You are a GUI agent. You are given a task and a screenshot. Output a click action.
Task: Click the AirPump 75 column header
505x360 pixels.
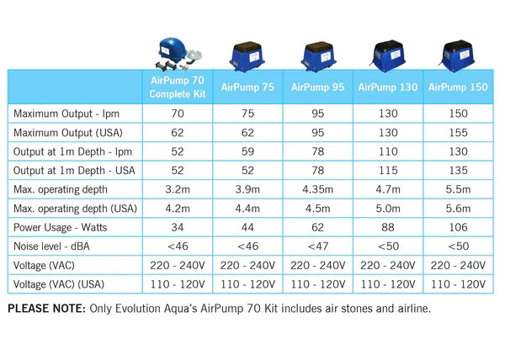click(247, 87)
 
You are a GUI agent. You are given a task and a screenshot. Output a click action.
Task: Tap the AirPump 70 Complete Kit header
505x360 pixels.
click(177, 87)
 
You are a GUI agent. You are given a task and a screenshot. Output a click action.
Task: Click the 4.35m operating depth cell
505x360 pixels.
click(317, 188)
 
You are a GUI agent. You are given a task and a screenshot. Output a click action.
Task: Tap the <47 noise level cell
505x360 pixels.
click(317, 246)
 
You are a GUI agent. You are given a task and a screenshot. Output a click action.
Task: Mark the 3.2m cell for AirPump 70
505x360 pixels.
click(177, 188)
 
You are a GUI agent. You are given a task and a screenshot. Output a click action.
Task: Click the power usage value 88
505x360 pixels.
click(388, 227)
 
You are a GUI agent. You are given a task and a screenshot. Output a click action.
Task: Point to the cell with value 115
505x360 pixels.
click(388, 169)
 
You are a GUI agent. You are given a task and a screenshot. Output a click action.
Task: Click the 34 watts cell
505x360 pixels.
click(177, 227)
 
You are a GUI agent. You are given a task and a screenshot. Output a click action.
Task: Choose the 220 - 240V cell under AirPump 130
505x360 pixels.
click(388, 266)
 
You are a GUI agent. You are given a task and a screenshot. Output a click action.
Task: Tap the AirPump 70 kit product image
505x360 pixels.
click(177, 52)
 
